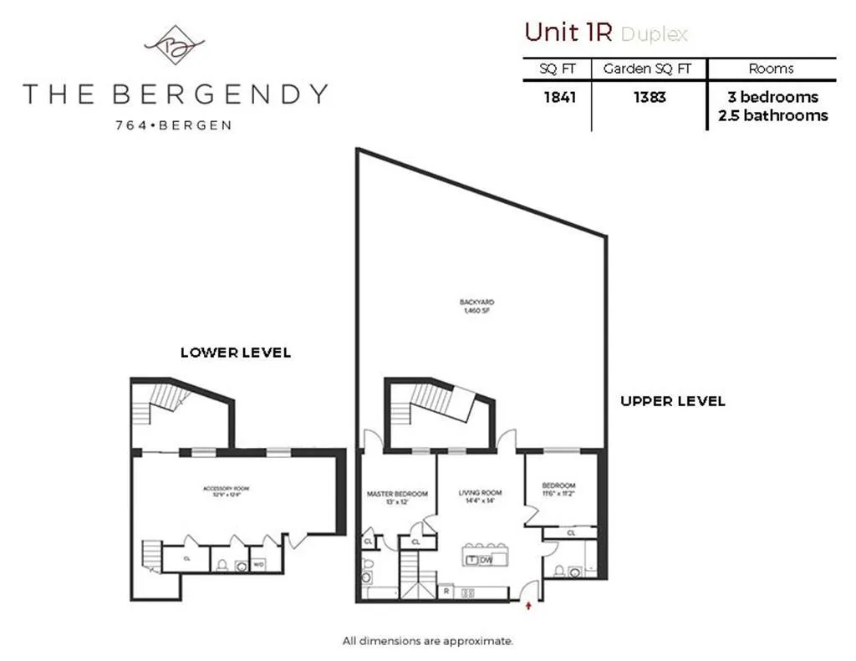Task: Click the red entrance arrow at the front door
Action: click(x=528, y=604)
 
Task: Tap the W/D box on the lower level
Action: click(x=259, y=564)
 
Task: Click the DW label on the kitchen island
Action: click(x=486, y=560)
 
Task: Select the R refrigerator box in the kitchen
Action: click(x=446, y=592)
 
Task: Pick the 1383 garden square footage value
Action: click(x=649, y=97)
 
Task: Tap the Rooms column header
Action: click(x=772, y=69)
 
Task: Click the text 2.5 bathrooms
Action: click(x=772, y=115)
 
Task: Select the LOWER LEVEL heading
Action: click(x=236, y=353)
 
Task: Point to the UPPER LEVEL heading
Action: click(x=672, y=401)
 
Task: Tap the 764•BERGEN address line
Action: click(x=175, y=125)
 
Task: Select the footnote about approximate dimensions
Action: click(x=427, y=642)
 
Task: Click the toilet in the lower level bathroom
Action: click(x=222, y=565)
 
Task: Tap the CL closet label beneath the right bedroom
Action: click(x=571, y=532)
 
